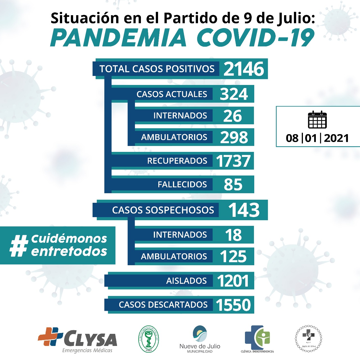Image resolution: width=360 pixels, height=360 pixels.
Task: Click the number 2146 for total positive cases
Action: click(x=244, y=69)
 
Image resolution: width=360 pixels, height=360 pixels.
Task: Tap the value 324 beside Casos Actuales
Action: click(x=234, y=94)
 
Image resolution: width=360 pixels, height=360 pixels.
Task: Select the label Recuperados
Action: click(x=177, y=161)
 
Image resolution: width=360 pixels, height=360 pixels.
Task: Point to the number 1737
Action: click(x=233, y=161)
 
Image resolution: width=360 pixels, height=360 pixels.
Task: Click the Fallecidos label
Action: click(x=182, y=184)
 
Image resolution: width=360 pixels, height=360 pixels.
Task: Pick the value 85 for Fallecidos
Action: click(x=233, y=184)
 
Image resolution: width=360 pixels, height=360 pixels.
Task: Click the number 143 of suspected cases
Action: click(x=244, y=210)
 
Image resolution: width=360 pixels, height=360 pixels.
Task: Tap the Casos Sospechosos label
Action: click(x=163, y=210)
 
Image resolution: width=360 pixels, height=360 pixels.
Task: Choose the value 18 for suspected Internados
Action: click(x=233, y=235)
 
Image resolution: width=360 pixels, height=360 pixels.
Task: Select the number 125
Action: click(x=233, y=256)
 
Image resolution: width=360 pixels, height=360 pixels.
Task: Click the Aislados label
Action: click(x=186, y=281)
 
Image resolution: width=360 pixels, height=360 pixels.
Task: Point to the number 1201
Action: click(x=233, y=281)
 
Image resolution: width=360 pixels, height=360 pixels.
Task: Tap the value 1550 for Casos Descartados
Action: click(x=233, y=305)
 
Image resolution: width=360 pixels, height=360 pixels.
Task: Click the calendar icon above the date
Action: click(x=317, y=120)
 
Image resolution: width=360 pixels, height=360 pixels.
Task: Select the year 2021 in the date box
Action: click(x=336, y=138)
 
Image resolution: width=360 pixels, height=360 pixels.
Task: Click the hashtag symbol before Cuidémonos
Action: click(x=19, y=246)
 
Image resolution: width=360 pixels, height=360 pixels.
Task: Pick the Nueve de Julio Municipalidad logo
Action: click(x=200, y=339)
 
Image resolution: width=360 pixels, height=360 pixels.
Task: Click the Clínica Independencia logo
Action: click(x=257, y=339)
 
